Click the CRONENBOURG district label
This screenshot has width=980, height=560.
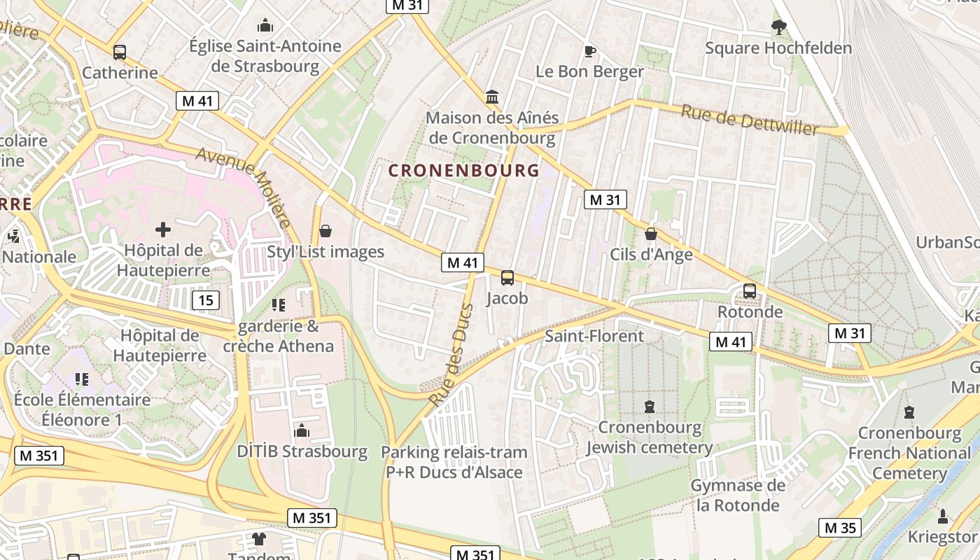tap(464, 170)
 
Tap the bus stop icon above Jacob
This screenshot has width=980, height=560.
tap(507, 278)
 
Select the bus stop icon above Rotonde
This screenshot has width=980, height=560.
tap(750, 290)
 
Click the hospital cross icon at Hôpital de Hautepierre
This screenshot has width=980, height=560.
tap(163, 229)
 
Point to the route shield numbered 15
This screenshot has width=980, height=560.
tap(206, 301)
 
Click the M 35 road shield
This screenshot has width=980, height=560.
tap(840, 528)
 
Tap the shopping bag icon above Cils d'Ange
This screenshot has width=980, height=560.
tap(651, 234)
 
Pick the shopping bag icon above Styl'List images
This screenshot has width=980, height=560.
tap(325, 231)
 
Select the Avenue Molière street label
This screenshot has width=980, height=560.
tap(244, 187)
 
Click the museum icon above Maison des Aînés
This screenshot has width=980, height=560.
tap(492, 97)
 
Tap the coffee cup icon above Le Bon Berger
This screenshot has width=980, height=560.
tap(589, 51)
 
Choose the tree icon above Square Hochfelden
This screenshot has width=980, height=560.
tap(778, 27)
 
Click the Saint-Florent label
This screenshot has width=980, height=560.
tap(594, 336)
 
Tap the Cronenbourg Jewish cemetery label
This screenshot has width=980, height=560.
tap(650, 437)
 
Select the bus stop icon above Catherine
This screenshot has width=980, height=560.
tap(120, 52)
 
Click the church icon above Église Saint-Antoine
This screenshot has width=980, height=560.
tap(265, 26)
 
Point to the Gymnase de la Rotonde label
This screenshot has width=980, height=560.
tap(737, 495)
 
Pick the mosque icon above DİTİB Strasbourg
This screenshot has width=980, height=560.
tap(302, 430)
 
